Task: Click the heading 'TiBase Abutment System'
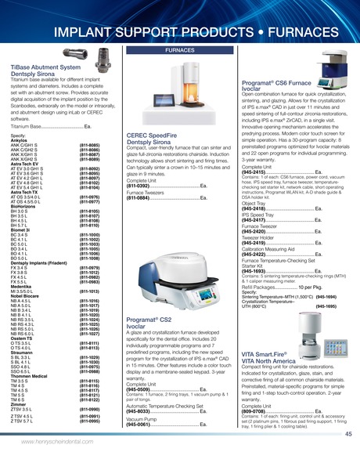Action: tap(46, 68)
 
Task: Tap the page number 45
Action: tap(347, 434)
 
